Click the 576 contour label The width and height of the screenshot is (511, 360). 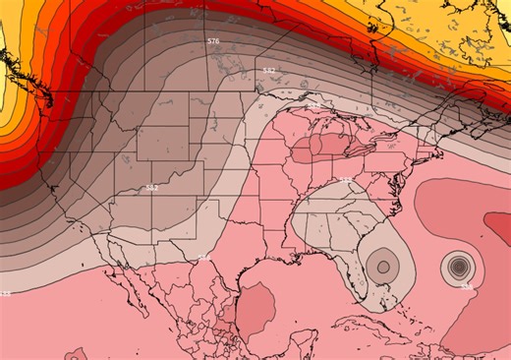(x=213, y=41)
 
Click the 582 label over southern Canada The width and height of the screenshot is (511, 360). (x=269, y=71)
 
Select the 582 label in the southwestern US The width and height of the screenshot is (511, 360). (x=151, y=187)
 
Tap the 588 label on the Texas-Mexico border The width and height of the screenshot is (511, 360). (x=203, y=258)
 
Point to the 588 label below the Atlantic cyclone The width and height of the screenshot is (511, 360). (x=466, y=286)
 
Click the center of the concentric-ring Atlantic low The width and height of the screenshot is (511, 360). (x=457, y=265)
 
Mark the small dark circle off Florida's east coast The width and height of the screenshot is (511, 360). (x=380, y=263)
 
